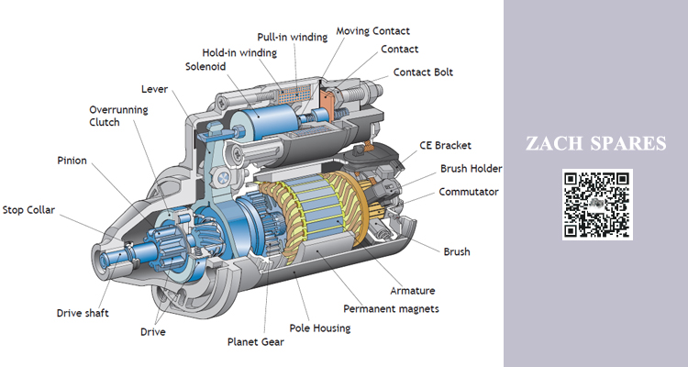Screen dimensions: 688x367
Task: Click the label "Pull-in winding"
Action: point(293,37)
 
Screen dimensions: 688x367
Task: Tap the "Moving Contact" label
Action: point(373,30)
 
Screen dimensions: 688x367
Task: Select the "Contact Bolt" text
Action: point(423,72)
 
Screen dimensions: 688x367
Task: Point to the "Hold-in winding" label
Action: point(239,52)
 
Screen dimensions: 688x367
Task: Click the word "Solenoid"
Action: point(205,66)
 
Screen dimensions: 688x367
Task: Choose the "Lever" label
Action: point(154,89)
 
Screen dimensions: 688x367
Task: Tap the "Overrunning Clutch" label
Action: point(118,116)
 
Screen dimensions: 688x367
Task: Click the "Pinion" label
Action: point(72,161)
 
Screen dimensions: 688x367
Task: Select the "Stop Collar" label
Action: point(28,210)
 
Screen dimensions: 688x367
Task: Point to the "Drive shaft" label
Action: point(83,313)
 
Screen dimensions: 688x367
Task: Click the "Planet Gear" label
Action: point(255,341)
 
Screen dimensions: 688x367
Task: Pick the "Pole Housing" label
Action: point(320,328)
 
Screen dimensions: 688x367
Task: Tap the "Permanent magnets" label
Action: point(391,308)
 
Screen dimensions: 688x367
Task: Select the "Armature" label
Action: point(413,291)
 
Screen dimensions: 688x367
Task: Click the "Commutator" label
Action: point(469,192)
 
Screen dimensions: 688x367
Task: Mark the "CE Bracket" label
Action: point(445,145)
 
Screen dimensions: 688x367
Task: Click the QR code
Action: point(597,204)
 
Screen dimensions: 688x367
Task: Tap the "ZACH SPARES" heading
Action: point(596,143)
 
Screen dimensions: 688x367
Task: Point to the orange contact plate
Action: point(327,99)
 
